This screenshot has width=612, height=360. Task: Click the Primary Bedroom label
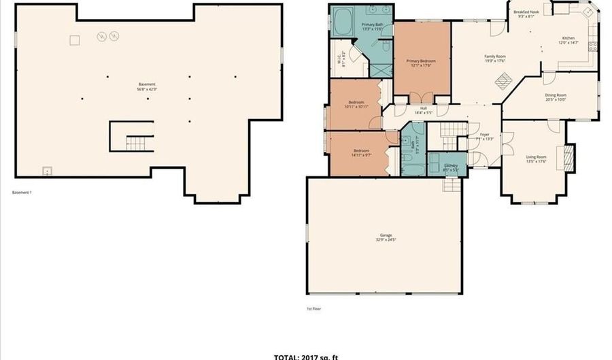[x=421, y=61]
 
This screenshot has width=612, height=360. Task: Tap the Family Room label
[x=494, y=56]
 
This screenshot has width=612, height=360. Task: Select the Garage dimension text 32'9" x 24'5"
[x=385, y=240]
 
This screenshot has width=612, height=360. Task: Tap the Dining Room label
[x=556, y=95]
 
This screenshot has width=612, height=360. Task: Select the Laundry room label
[x=450, y=165]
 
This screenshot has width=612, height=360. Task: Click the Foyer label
[x=485, y=135]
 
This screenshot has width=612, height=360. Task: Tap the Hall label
[x=423, y=108]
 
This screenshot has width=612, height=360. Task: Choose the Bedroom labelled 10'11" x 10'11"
[x=356, y=103]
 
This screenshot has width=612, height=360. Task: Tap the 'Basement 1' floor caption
[x=22, y=193]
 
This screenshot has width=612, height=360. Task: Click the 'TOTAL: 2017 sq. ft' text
[x=305, y=356]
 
